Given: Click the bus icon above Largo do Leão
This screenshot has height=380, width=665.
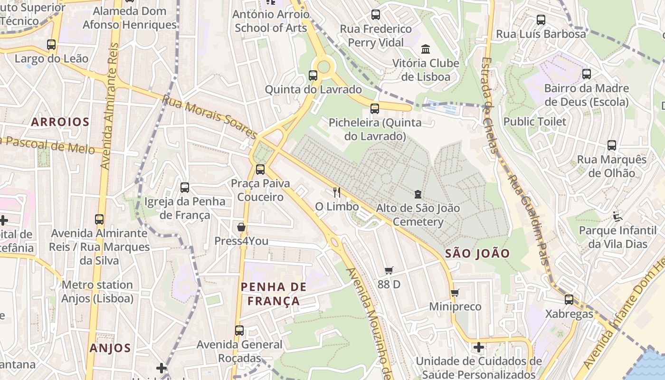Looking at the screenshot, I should (x=51, y=45).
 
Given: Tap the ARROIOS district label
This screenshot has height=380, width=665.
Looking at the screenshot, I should (x=60, y=122).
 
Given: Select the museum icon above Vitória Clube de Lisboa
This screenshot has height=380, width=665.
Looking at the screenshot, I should (x=426, y=49).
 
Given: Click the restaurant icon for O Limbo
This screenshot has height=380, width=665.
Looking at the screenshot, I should (x=337, y=192).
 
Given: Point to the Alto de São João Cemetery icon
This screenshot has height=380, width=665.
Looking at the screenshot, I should (x=418, y=194).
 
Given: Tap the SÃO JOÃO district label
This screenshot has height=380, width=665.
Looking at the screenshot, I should (x=477, y=253).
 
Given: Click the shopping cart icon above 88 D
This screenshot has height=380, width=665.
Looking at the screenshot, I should (x=389, y=271).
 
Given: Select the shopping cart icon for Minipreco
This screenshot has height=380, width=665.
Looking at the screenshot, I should (x=455, y=293).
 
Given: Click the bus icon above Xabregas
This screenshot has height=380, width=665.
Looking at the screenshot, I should (x=569, y=300).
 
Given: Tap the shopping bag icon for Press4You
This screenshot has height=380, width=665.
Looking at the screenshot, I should (x=241, y=227).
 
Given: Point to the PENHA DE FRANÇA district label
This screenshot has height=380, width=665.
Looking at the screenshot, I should (x=274, y=294).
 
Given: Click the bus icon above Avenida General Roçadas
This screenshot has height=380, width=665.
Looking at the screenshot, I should (x=239, y=330).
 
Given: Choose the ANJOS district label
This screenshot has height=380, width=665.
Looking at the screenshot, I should (x=110, y=348).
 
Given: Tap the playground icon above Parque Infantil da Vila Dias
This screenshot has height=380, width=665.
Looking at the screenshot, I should (x=617, y=217).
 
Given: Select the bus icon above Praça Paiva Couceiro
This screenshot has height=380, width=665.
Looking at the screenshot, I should (x=260, y=170).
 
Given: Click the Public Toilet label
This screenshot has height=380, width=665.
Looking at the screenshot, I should (x=535, y=122).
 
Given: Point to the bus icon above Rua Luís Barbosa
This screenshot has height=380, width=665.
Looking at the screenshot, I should (x=541, y=20).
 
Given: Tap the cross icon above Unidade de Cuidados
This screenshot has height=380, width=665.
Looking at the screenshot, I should (x=479, y=347).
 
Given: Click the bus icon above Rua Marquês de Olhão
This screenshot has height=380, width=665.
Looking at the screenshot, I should (x=612, y=145).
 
